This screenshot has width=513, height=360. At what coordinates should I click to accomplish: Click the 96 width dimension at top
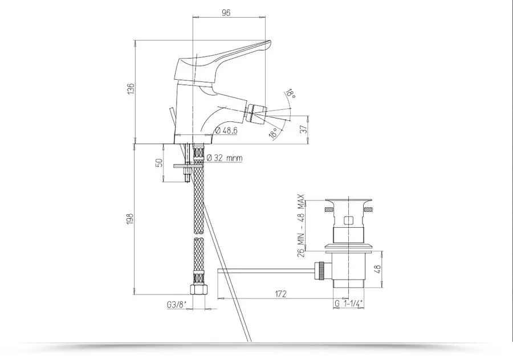[x=226, y=13]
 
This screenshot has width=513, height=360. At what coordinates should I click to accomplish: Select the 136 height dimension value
[x=131, y=89]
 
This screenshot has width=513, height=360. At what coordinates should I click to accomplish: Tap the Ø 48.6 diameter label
[x=226, y=130]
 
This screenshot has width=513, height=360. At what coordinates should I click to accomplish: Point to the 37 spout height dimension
[x=304, y=129]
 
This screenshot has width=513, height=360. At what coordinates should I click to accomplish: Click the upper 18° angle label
[x=291, y=93]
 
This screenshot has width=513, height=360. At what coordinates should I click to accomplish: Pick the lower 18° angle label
[x=274, y=133]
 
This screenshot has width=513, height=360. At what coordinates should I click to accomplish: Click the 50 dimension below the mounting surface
[x=159, y=163]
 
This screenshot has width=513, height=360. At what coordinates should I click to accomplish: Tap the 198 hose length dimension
[x=130, y=219]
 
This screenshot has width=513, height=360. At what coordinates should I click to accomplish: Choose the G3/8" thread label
[x=177, y=305]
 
